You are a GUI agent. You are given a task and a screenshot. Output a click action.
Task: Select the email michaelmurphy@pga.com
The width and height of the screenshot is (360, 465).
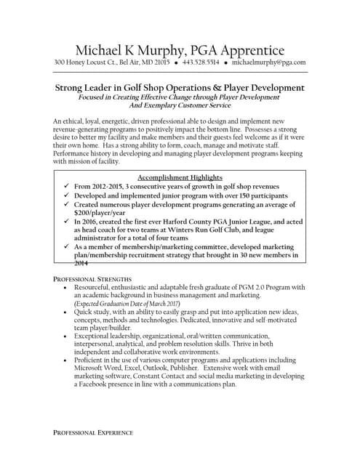tap(268, 63)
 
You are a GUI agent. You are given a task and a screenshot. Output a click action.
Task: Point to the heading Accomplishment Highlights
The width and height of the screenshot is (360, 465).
tap(180, 177)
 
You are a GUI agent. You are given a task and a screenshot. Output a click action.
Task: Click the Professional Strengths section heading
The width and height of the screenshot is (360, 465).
tap(92, 279)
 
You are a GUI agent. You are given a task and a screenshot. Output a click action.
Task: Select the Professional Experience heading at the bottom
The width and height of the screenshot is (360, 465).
tap(93, 432)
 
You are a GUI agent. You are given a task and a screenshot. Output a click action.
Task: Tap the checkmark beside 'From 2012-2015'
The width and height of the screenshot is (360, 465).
tap(66, 186)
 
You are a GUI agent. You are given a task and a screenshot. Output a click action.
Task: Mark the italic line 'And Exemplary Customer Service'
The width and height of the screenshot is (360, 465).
tap(180, 105)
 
